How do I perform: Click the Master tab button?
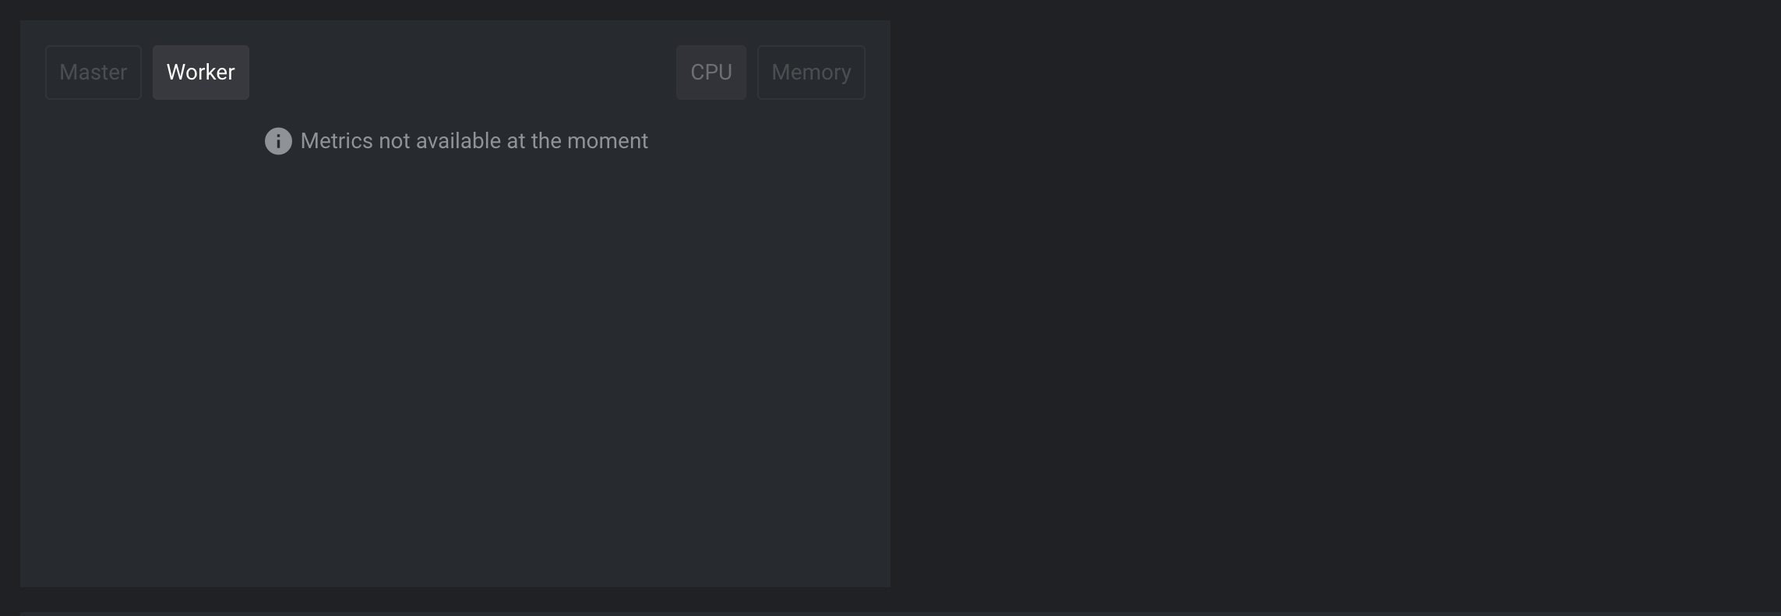point(93,73)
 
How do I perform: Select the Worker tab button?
point(201,73)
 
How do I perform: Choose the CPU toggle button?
point(711,73)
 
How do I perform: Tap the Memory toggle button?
point(811,73)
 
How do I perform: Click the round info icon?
point(278,141)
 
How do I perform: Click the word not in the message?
point(394,141)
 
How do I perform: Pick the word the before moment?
point(546,141)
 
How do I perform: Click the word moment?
point(608,141)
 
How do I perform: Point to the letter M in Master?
point(68,73)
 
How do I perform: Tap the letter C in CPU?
point(697,73)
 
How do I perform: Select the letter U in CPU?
point(725,73)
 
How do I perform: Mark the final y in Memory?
point(846,76)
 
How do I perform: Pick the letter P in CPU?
point(712,73)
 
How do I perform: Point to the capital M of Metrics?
point(309,141)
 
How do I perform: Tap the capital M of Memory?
point(780,73)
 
